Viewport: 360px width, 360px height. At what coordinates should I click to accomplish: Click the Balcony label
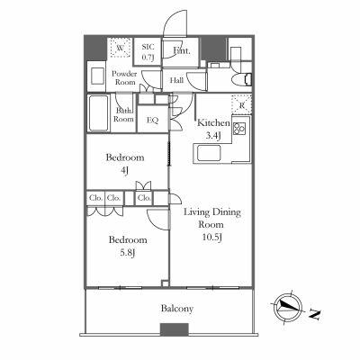coord(177,309)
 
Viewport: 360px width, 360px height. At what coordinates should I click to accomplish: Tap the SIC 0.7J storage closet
coord(148,51)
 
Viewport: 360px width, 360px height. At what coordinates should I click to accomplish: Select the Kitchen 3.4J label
coord(213,129)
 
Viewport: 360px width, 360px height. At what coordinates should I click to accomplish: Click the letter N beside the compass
coord(315,314)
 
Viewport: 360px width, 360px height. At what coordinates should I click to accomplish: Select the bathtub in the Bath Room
coord(98,113)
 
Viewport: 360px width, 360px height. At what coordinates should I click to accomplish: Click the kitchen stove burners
coord(239,129)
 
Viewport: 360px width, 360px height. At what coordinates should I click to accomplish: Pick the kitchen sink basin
coord(209,153)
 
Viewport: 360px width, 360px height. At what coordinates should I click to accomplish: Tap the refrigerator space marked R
coord(241,104)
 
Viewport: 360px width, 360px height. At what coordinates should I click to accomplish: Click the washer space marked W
coord(120,48)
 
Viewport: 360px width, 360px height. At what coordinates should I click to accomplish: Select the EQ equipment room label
coord(152,121)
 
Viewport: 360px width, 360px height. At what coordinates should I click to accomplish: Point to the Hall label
coord(176,80)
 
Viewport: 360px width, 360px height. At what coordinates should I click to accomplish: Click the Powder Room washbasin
coord(98,76)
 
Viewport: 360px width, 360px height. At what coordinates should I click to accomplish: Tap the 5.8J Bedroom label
coord(128,247)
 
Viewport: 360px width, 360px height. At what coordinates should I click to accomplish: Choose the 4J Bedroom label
coord(125,164)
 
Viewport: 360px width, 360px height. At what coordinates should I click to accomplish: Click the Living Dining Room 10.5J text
coord(212,225)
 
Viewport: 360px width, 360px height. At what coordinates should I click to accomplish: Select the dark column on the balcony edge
coord(175,329)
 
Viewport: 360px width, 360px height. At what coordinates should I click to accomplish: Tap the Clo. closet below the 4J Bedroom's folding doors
coord(144,198)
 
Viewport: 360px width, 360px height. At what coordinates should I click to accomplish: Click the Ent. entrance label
coord(182,50)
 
